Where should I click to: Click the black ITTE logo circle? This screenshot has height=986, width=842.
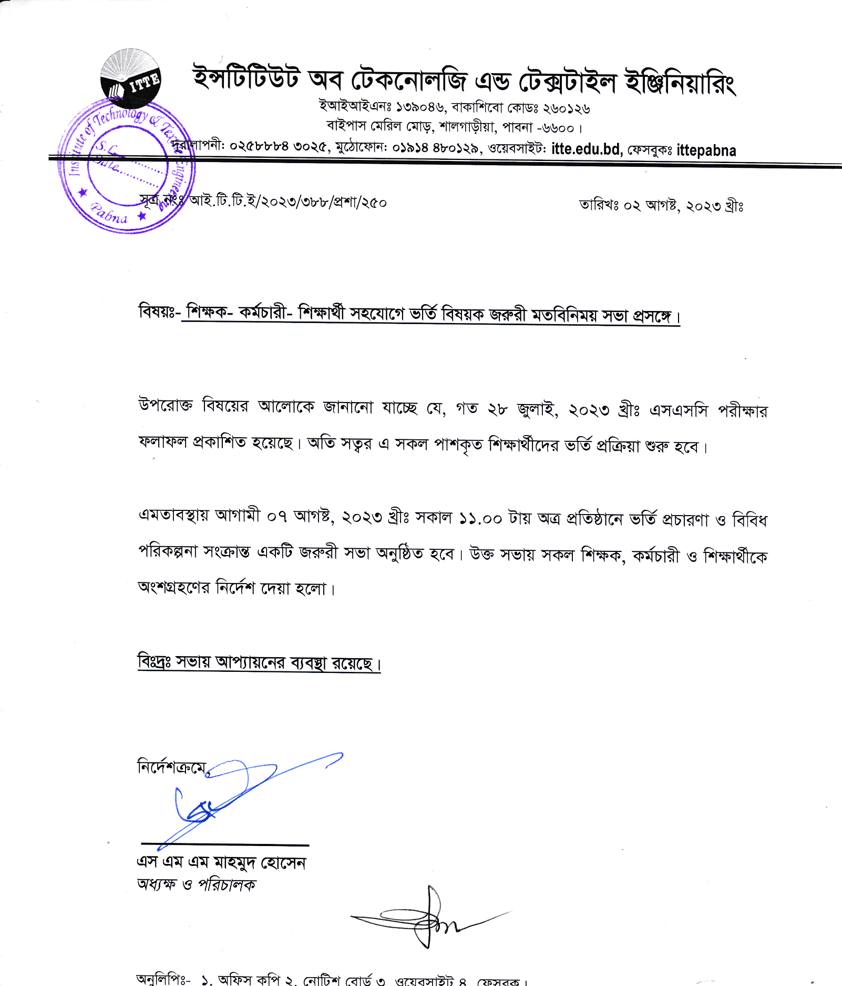tap(130, 78)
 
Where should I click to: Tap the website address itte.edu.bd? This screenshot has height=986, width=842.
tap(586, 149)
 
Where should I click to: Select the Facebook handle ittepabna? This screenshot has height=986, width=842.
tap(706, 150)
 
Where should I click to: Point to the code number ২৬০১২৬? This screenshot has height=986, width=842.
tap(566, 108)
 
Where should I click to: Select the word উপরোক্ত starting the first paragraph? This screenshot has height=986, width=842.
tap(166, 406)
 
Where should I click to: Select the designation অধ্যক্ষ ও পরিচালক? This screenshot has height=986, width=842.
tap(196, 885)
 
